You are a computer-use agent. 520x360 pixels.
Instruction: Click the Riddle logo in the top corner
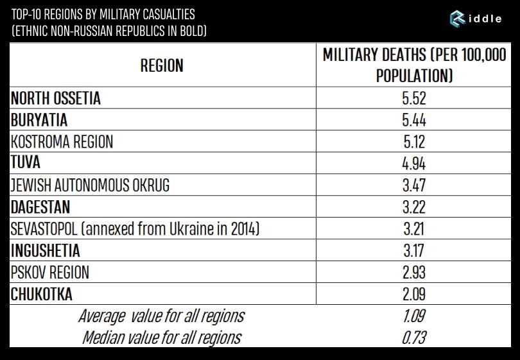pyautogui.click(x=476, y=19)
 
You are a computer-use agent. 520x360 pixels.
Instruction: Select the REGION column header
pyautogui.click(x=162, y=65)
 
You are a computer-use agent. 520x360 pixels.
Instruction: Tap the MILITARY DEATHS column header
pyautogui.click(x=414, y=65)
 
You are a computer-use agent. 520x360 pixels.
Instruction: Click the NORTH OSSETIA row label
pyautogui.click(x=56, y=98)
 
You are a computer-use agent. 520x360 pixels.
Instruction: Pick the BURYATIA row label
pyautogui.click(x=39, y=120)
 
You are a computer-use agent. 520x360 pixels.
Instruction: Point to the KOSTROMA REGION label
pyautogui.click(x=62, y=142)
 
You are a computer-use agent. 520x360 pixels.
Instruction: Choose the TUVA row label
pyautogui.click(x=25, y=163)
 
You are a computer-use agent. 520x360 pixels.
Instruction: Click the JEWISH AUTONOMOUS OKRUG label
pyautogui.click(x=90, y=185)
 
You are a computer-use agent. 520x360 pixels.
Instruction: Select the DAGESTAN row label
pyautogui.click(x=40, y=207)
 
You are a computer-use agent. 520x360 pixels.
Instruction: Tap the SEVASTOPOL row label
pyautogui.click(x=135, y=228)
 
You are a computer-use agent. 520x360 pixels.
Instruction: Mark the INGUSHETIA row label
pyautogui.click(x=46, y=250)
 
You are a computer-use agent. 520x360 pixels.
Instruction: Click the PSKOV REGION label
pyautogui.click(x=50, y=272)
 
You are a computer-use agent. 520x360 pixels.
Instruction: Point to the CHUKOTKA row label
pyautogui.click(x=42, y=294)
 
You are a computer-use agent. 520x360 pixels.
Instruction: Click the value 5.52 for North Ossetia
pyautogui.click(x=414, y=98)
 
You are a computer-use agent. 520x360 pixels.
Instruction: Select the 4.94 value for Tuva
pyautogui.click(x=414, y=163)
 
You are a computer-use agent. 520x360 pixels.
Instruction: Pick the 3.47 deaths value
pyautogui.click(x=414, y=185)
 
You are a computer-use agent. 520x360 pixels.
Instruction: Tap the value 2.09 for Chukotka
pyautogui.click(x=414, y=294)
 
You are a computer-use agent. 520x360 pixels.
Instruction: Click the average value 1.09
pyautogui.click(x=414, y=316)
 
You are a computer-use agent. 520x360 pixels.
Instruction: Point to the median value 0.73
pyautogui.click(x=414, y=337)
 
